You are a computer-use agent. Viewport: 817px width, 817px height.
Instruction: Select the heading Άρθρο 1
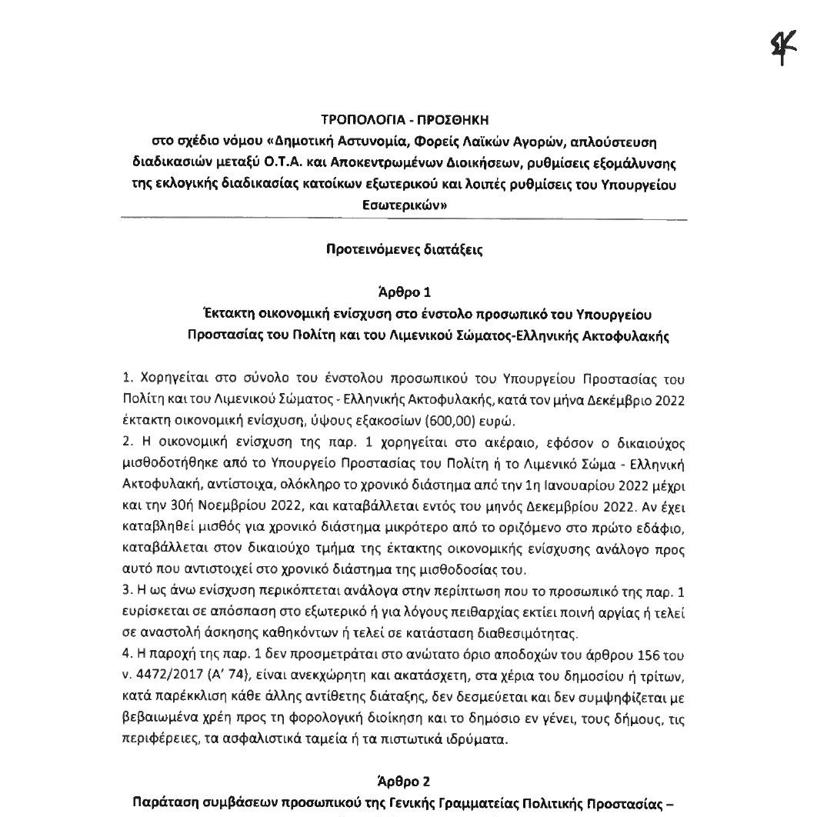pyautogui.click(x=405, y=292)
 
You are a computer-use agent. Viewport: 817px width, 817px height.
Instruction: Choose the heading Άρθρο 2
pyautogui.click(x=405, y=782)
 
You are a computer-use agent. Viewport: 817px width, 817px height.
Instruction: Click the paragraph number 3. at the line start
pyautogui.click(x=127, y=592)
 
